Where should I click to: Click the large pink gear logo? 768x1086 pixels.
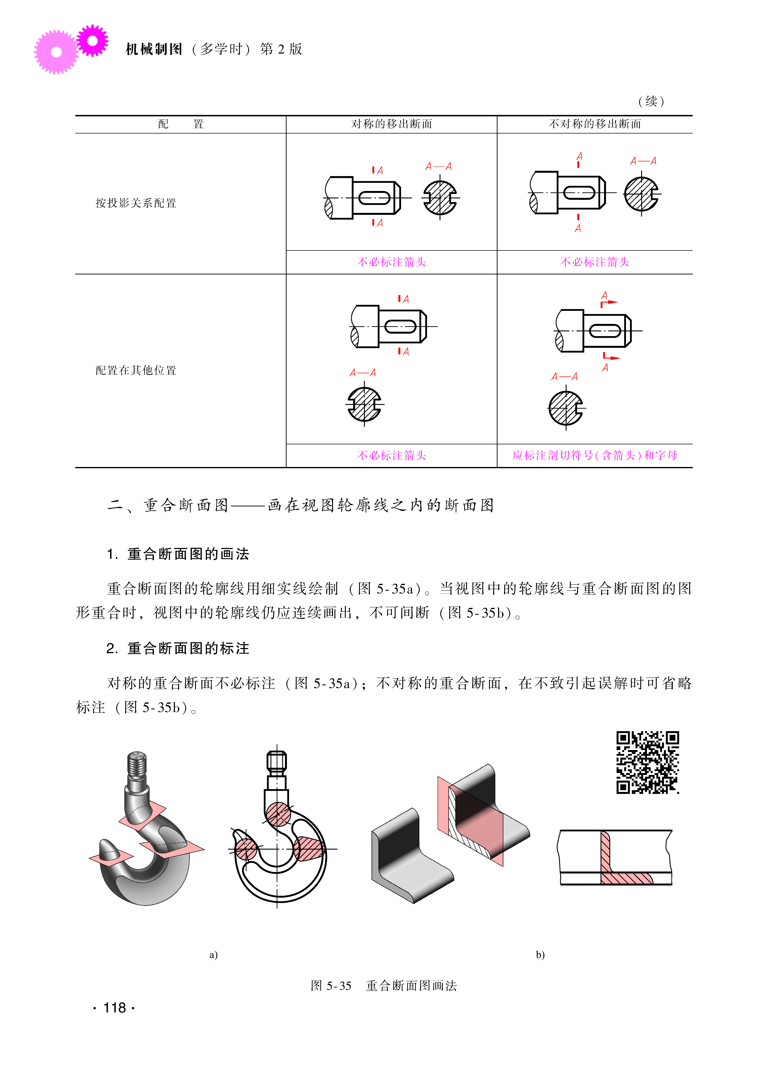56,52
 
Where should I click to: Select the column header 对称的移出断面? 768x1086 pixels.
392,124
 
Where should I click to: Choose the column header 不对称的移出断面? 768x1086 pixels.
595,124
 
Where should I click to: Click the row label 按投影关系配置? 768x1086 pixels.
136,203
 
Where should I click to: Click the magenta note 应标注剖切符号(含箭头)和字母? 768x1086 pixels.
595,455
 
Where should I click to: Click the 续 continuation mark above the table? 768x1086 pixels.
651,101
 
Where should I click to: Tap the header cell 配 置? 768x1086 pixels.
181,124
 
